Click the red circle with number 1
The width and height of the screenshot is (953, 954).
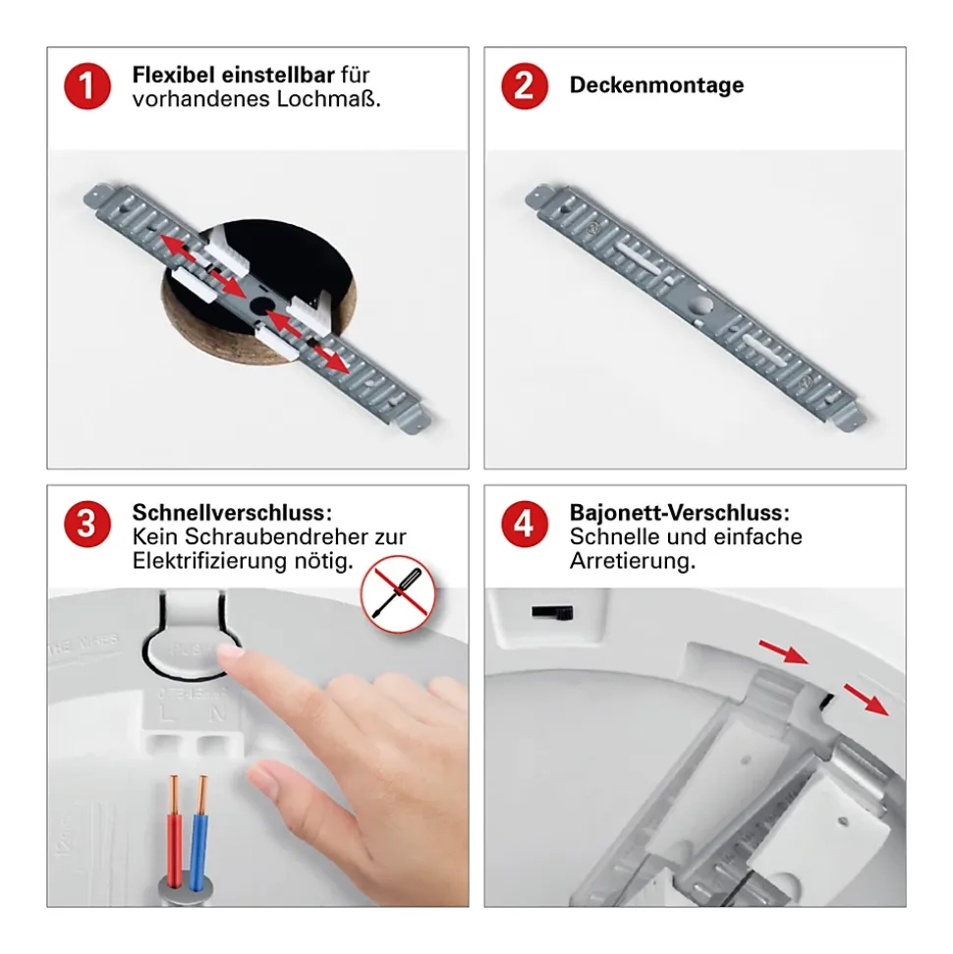87,85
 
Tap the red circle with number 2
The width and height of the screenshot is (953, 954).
525,85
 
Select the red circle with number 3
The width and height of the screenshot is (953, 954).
87,524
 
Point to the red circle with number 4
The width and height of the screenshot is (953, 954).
525,524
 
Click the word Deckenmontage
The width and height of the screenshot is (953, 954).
656,84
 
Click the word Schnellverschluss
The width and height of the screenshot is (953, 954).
232,512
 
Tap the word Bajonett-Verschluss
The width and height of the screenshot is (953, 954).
679,512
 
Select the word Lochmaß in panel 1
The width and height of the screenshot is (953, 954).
328,98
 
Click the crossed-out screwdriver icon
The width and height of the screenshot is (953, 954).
398,593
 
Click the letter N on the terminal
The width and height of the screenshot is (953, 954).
217,713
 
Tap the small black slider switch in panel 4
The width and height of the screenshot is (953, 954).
552,612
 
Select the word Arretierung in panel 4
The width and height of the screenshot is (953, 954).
633,560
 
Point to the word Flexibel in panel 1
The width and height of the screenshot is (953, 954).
173,75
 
